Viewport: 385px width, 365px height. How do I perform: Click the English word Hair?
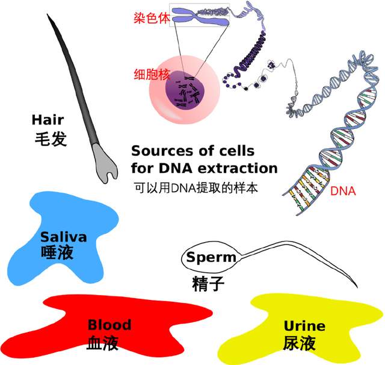pyautogui.click(x=48, y=120)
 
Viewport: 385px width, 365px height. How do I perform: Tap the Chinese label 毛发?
pyautogui.click(x=51, y=139)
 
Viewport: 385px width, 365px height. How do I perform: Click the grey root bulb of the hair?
pyautogui.click(x=105, y=163)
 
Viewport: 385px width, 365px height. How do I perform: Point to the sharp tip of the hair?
pyautogui.click(x=47, y=14)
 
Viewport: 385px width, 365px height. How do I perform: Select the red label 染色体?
pyautogui.click(x=152, y=18)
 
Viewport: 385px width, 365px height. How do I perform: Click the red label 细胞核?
pyautogui.click(x=152, y=74)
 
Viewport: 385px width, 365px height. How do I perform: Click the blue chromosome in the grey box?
pyautogui.click(x=200, y=16)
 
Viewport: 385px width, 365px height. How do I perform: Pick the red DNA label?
pyautogui.click(x=343, y=191)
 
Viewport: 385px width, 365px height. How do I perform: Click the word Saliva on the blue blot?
pyautogui.click(x=64, y=237)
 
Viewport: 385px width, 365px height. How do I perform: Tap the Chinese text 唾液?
pyautogui.click(x=57, y=252)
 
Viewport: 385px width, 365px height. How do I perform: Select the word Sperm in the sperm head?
pyautogui.click(x=211, y=258)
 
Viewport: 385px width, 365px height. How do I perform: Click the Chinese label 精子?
pyautogui.click(x=208, y=284)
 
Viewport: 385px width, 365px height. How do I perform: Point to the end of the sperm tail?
pyautogui.click(x=357, y=287)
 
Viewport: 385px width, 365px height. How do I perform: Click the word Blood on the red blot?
pyautogui.click(x=109, y=325)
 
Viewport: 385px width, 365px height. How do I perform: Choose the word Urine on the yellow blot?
pyautogui.click(x=304, y=326)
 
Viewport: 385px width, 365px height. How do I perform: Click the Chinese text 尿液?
pyautogui.click(x=300, y=343)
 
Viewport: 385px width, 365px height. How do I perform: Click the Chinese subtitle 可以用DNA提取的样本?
pyautogui.click(x=196, y=188)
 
